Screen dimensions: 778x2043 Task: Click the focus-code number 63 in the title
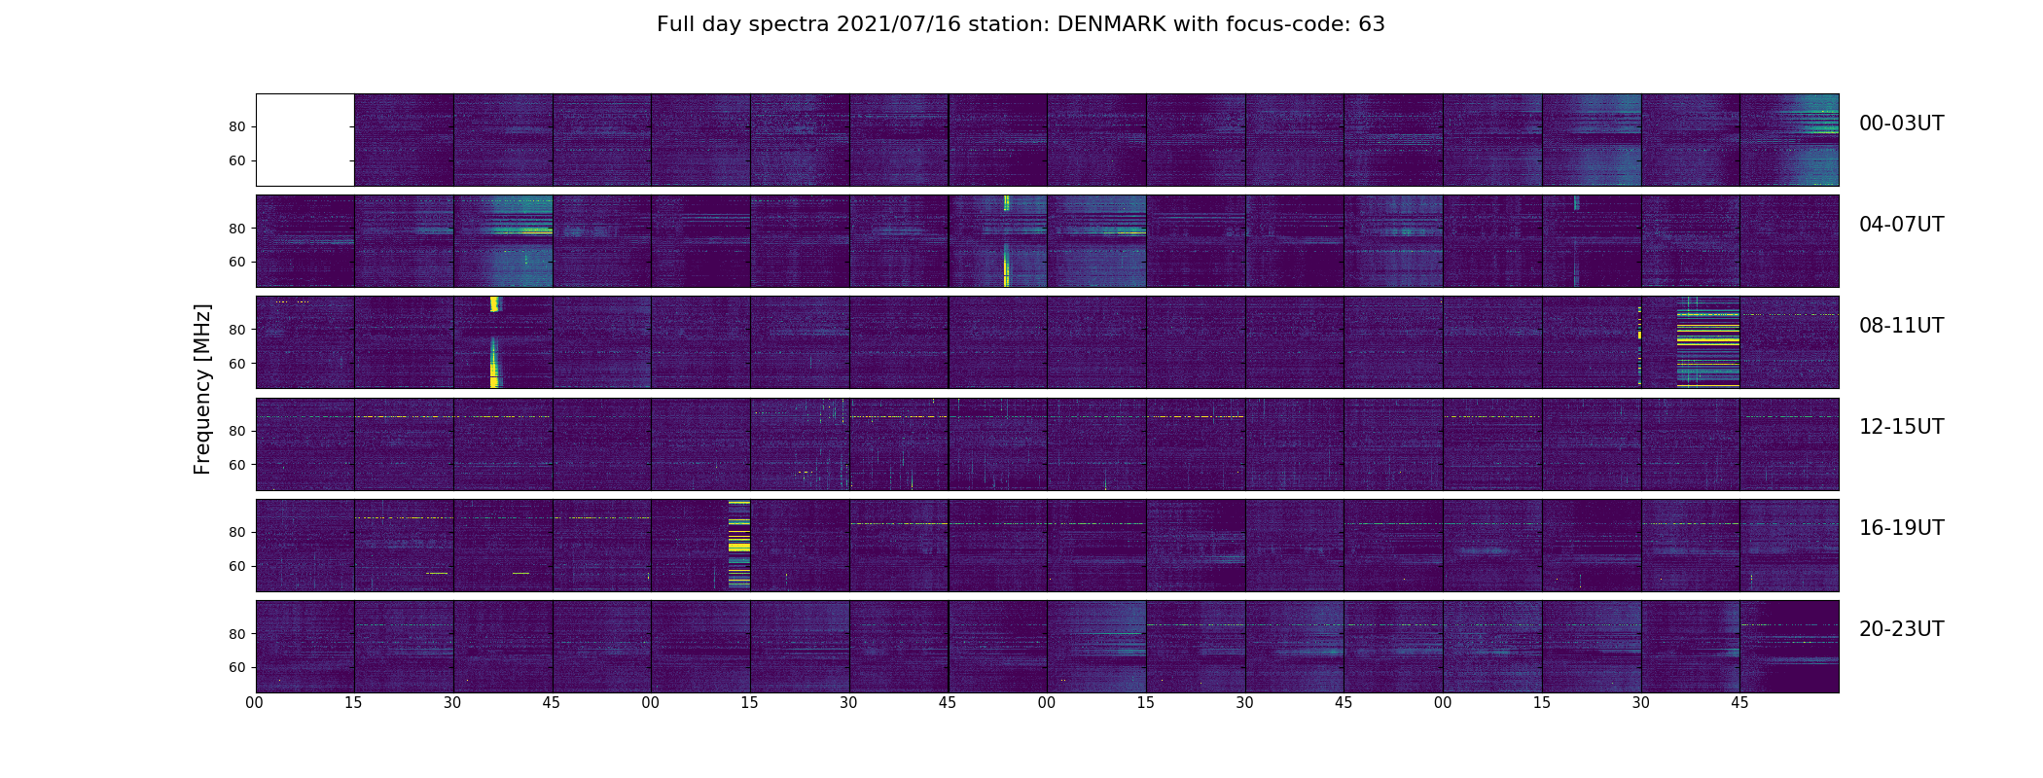pyautogui.click(x=1371, y=24)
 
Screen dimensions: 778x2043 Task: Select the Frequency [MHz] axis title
pyautogui.click(x=202, y=389)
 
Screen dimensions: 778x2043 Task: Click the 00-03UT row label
pyautogui.click(x=1901, y=124)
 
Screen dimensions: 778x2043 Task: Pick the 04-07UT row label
pyautogui.click(x=1901, y=225)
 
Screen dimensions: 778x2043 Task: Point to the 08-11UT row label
pyautogui.click(x=1901, y=326)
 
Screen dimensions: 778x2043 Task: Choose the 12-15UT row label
pyautogui.click(x=1901, y=427)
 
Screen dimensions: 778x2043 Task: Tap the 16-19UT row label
pyautogui.click(x=1901, y=528)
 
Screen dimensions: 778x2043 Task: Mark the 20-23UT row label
pyautogui.click(x=1901, y=629)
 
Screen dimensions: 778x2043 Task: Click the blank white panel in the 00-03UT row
pyautogui.click(x=305, y=139)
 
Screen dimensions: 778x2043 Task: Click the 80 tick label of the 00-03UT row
pyautogui.click(x=236, y=127)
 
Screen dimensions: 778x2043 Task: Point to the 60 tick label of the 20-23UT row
pyautogui.click(x=236, y=668)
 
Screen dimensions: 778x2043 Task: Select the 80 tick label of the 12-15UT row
pyautogui.click(x=236, y=431)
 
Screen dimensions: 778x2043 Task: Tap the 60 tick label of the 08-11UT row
pyautogui.click(x=236, y=364)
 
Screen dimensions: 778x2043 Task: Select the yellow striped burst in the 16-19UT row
pyautogui.click(x=739, y=545)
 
